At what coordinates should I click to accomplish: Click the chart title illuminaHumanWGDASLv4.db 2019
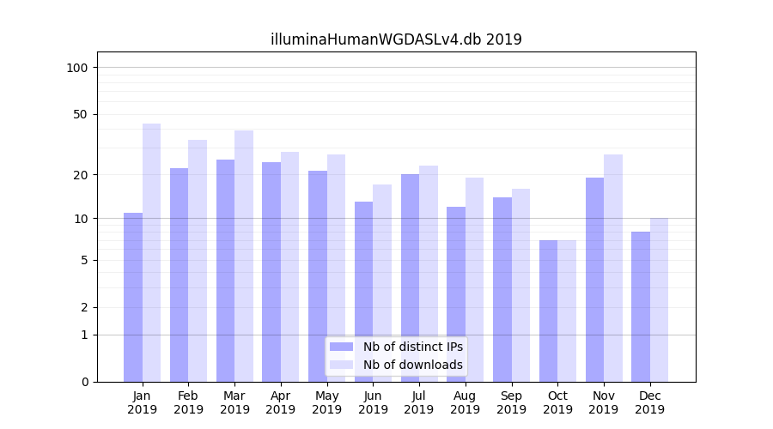[x=396, y=39]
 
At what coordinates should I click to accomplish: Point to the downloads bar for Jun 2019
[x=382, y=283]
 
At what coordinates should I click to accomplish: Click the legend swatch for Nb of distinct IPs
[x=342, y=347]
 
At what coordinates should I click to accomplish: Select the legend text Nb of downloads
[x=412, y=365]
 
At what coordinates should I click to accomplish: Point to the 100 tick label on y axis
[x=77, y=68]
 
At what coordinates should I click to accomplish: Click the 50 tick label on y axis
[x=81, y=114]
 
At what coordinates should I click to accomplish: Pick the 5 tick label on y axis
[x=84, y=260]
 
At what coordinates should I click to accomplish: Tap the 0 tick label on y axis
[x=84, y=382]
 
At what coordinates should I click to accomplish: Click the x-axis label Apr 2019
[x=281, y=402]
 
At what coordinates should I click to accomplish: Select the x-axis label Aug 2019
[x=466, y=402]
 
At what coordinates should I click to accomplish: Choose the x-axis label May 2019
[x=327, y=402]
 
